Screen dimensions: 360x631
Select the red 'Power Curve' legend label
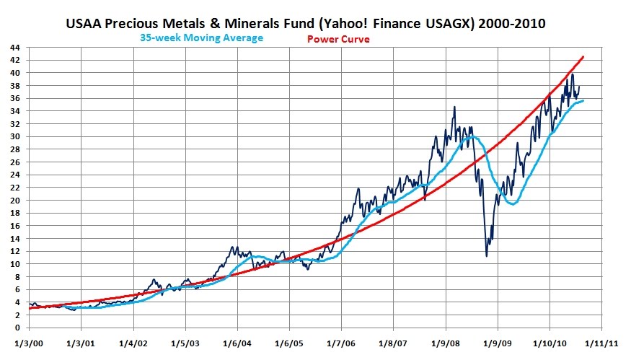click(338, 39)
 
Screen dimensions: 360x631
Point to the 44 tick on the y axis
click(15, 48)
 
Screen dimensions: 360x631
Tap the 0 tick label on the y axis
click(18, 328)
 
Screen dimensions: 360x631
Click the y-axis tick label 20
click(15, 201)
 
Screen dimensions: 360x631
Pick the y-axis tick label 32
click(15, 124)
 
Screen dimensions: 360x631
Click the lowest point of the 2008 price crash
click(486, 256)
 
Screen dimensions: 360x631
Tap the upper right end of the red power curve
click(583, 56)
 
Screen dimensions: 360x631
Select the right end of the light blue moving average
click(583, 101)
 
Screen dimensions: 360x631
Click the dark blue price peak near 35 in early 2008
click(454, 107)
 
